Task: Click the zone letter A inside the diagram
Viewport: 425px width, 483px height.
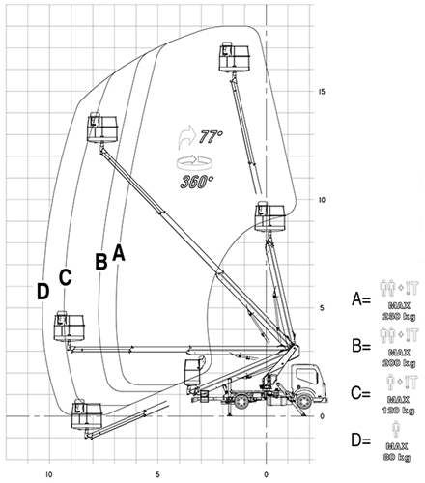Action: (119, 252)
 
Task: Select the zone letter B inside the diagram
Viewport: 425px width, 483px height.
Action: (100, 261)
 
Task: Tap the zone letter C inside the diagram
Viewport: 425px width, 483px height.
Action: (66, 276)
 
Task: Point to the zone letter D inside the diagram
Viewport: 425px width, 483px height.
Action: (42, 290)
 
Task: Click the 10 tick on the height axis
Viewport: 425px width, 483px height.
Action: (325, 200)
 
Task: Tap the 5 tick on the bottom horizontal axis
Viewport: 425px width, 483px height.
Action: (156, 446)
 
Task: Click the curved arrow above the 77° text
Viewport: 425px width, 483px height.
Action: (186, 135)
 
